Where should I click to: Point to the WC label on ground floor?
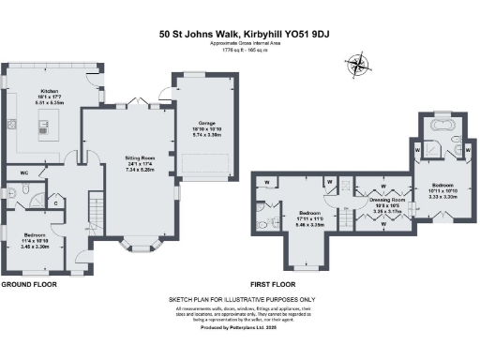point(25,172)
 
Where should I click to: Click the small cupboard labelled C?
point(57,202)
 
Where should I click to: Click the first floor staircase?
point(346,216)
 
